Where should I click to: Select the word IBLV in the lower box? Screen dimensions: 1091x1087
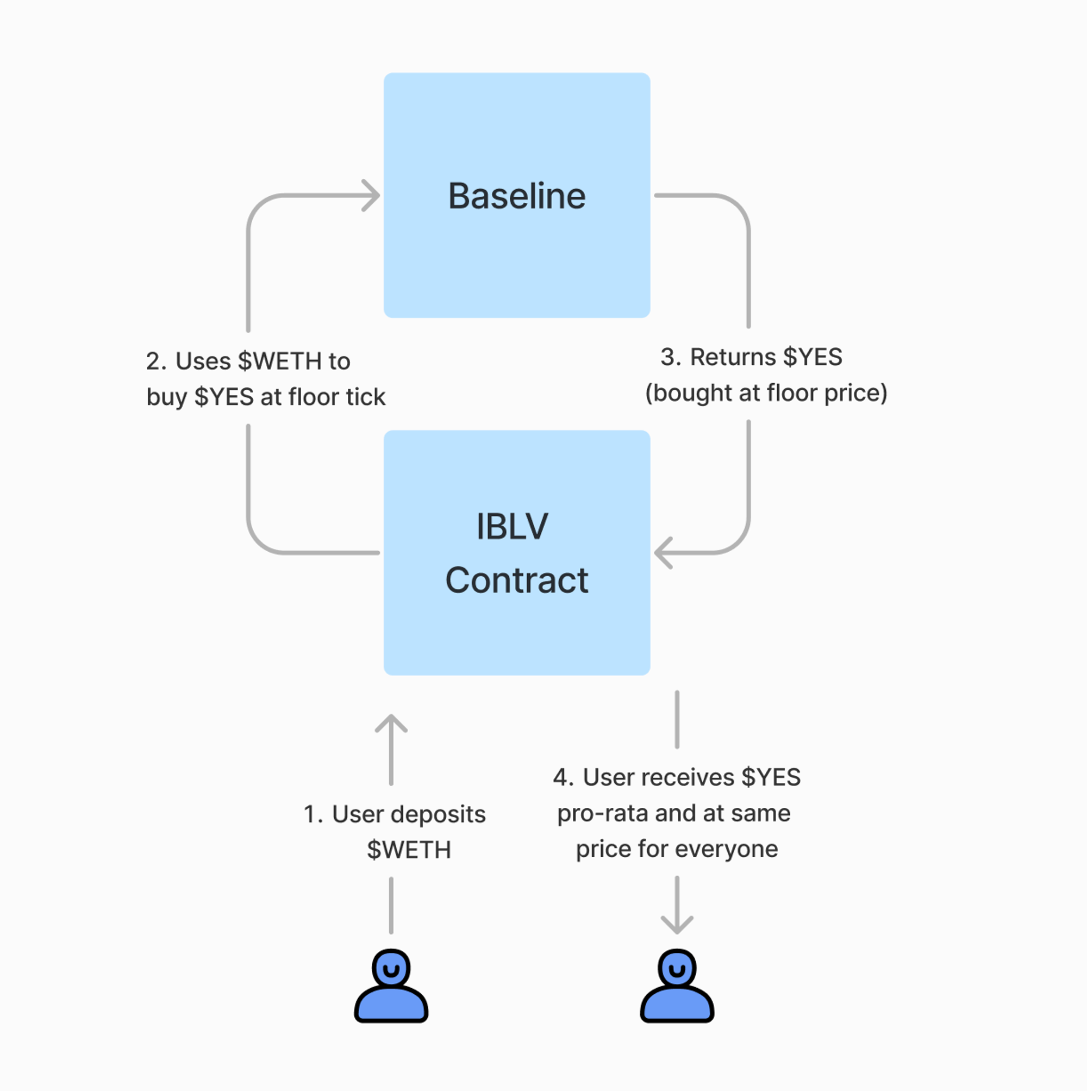point(512,526)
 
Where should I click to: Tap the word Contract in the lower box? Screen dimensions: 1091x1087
point(517,580)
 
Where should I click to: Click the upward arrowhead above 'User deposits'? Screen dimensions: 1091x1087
point(391,723)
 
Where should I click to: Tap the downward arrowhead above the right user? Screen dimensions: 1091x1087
point(677,925)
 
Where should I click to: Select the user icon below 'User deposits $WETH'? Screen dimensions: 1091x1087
point(391,987)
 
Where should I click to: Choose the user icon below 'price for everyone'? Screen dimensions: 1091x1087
point(677,987)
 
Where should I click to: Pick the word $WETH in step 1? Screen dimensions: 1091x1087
point(409,850)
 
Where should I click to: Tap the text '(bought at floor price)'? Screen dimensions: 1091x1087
point(766,393)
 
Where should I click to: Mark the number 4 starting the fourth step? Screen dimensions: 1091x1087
point(560,777)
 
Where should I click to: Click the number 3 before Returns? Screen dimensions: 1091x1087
point(668,357)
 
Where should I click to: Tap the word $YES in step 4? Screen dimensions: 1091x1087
point(771,777)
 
